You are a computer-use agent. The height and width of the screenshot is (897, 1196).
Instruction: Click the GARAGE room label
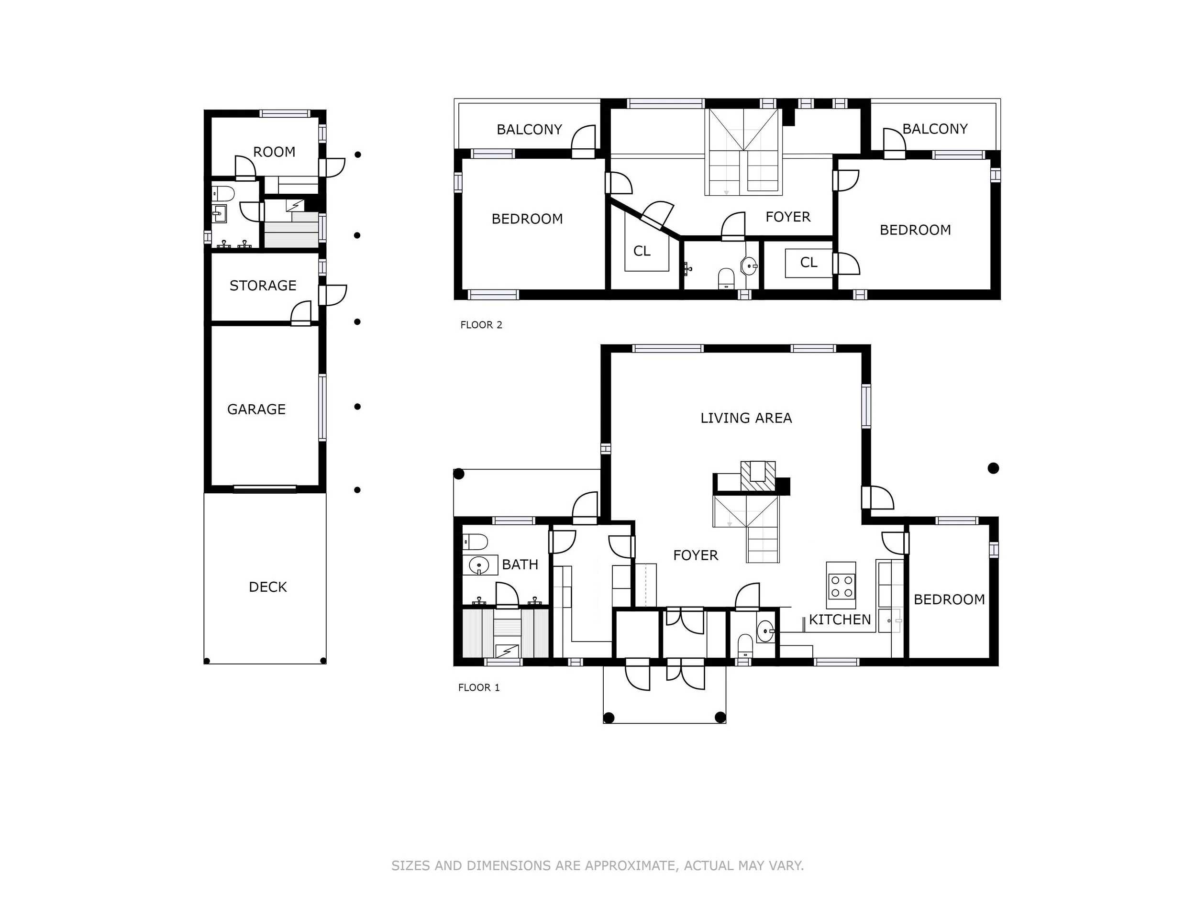coord(256,410)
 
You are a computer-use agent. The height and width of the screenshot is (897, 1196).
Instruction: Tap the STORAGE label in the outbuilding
coord(263,286)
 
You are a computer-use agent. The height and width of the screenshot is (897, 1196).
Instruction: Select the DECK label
coord(267,587)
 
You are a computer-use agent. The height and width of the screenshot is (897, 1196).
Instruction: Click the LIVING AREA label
coord(746,418)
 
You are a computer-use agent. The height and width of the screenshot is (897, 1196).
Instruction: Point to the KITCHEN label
coord(840,620)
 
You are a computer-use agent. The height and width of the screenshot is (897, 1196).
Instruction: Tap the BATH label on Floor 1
coord(520,565)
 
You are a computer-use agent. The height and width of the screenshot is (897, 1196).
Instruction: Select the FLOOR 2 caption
coord(481,325)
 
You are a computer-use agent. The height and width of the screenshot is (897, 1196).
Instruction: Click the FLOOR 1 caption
coord(479,688)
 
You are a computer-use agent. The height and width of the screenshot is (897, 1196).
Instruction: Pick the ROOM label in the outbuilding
coord(274,152)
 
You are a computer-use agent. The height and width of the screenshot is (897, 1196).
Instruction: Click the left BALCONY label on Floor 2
coord(529,130)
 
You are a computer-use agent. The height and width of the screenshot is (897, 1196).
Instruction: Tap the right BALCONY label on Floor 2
coord(935,129)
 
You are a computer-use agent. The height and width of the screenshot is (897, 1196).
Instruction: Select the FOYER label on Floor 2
coord(788,217)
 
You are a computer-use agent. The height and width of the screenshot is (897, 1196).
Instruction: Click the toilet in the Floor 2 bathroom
coord(726,279)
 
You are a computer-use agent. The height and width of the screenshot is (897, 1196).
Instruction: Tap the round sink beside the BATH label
coord(479,565)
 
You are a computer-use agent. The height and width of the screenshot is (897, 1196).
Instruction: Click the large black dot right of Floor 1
coord(993,468)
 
